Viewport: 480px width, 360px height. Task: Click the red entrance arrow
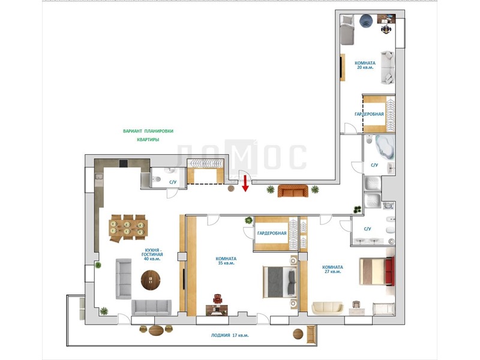[x=245, y=184]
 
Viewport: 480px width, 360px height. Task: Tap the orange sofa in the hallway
[x=293, y=191]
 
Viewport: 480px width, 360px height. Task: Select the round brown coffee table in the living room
[x=151, y=280]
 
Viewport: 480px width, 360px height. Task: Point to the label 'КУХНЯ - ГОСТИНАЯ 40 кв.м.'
[x=152, y=254]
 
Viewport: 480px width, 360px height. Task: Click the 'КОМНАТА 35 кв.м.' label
[x=226, y=261]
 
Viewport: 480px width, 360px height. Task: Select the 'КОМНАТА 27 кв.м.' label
[x=332, y=269]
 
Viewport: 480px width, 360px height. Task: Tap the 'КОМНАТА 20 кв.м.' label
[x=365, y=65]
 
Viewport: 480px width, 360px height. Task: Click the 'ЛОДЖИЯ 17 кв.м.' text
[x=230, y=335]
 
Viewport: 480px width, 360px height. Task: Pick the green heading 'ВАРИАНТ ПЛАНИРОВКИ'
[x=148, y=131]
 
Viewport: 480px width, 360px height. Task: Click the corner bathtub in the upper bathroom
[x=384, y=147]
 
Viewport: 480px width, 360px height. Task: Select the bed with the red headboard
[x=377, y=271]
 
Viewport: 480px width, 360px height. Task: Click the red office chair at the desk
[x=217, y=299]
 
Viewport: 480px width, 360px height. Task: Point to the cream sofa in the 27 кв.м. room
[x=328, y=308]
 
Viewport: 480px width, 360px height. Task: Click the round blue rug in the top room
[x=366, y=21]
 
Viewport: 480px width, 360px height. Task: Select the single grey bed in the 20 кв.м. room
[x=347, y=29]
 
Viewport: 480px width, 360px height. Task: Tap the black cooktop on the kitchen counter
[x=124, y=163]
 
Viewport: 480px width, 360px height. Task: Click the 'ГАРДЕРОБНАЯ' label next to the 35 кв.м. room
[x=272, y=233]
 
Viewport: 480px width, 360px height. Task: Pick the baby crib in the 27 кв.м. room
[x=383, y=308]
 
